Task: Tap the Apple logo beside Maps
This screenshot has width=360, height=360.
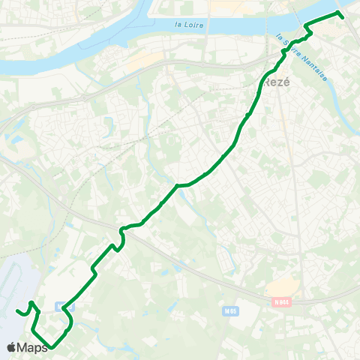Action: coord(12,347)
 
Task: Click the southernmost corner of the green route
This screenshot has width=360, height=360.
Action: coord(51,348)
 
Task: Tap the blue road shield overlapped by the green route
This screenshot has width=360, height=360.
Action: coord(61,306)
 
